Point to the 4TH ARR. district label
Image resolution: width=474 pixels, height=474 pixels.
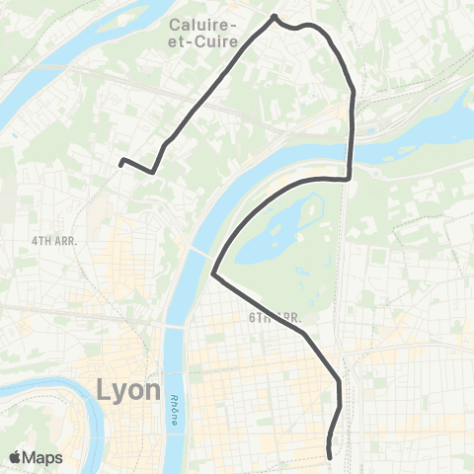click(x=54, y=240)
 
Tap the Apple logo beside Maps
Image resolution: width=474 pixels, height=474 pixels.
click(x=17, y=457)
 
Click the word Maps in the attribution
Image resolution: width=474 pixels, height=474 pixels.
click(x=44, y=457)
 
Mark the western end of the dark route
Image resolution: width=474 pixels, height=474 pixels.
click(x=120, y=161)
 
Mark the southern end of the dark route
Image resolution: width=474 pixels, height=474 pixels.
click(x=328, y=455)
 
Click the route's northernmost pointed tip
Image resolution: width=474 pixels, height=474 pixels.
click(x=275, y=16)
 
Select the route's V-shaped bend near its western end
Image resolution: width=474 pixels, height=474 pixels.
click(x=152, y=173)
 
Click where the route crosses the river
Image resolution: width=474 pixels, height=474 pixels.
click(x=353, y=148)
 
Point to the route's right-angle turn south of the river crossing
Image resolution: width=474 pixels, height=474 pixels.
click(x=351, y=179)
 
